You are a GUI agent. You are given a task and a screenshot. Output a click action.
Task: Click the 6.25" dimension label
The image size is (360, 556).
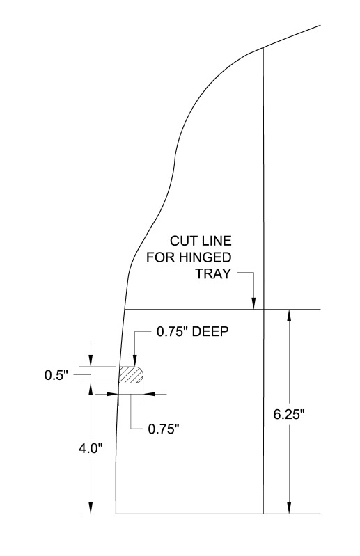tap(289, 414)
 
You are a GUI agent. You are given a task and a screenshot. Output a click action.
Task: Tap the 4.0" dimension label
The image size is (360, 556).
tap(91, 449)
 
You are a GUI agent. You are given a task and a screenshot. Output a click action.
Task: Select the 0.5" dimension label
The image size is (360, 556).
tap(56, 375)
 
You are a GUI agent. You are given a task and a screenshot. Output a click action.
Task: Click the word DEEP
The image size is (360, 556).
tap(210, 331)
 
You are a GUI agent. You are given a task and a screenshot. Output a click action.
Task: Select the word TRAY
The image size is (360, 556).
tap(213, 273)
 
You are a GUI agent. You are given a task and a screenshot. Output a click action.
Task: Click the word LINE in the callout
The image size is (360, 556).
tap(217, 241)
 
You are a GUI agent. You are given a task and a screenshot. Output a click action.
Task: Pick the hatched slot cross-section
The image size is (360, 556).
tap(130, 375)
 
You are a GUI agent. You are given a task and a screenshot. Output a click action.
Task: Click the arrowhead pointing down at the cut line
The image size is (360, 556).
tap(253, 303)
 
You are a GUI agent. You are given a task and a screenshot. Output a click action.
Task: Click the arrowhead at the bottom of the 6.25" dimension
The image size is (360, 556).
tap(290, 507)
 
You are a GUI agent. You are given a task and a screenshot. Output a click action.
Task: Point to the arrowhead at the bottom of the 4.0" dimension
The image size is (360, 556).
tap(91, 507)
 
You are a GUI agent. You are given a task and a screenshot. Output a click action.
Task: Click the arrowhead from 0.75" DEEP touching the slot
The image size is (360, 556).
tap(135, 360)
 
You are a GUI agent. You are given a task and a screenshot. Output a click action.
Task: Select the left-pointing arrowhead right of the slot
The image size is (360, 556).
tap(149, 394)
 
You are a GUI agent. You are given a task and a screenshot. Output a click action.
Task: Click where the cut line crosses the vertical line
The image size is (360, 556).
tap(263, 310)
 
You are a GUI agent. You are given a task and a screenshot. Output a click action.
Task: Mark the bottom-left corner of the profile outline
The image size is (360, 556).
tap(116, 514)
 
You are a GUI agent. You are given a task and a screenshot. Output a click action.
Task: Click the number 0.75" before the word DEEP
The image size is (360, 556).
tap(173, 331)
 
